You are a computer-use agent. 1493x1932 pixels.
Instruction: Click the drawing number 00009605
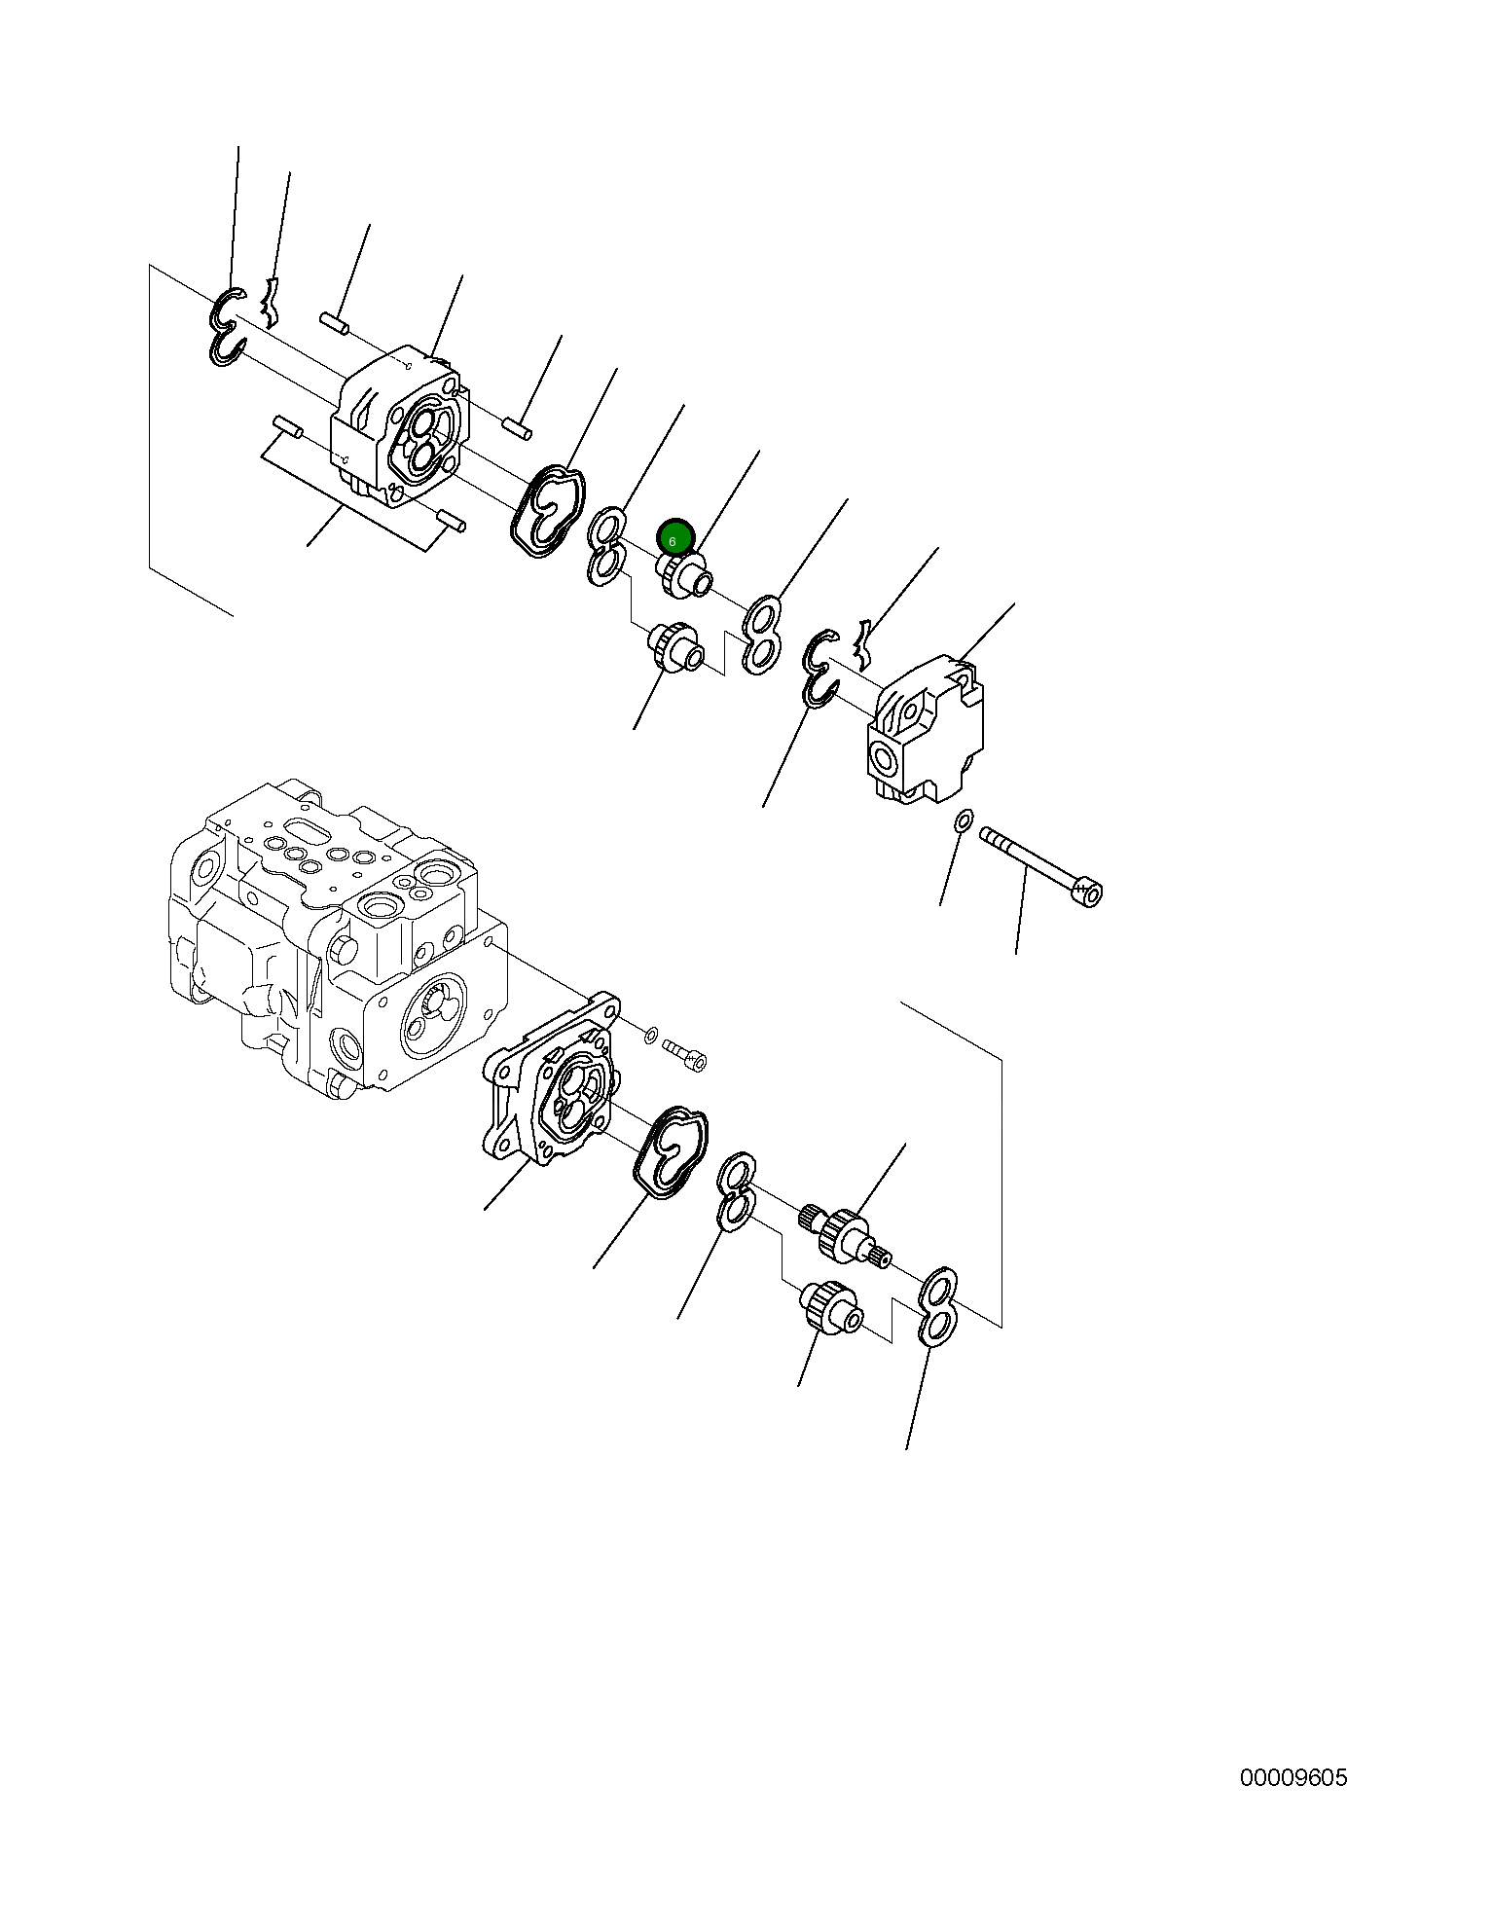click(x=1293, y=1777)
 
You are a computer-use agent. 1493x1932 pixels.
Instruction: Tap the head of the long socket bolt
click(x=1086, y=892)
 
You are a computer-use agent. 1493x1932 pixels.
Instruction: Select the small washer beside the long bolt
click(x=963, y=820)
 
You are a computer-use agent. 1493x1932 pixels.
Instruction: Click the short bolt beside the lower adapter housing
click(x=684, y=1054)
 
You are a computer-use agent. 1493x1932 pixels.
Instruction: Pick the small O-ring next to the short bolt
click(x=651, y=1034)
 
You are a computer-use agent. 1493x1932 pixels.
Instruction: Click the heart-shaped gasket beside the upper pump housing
click(x=548, y=510)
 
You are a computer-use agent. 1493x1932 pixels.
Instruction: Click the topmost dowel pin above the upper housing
click(x=334, y=323)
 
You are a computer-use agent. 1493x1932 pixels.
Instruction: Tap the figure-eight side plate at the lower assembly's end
click(x=937, y=1306)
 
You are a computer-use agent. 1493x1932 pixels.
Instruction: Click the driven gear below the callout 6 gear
click(x=674, y=646)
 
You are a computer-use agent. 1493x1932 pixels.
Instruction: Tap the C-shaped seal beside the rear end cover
click(x=819, y=667)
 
